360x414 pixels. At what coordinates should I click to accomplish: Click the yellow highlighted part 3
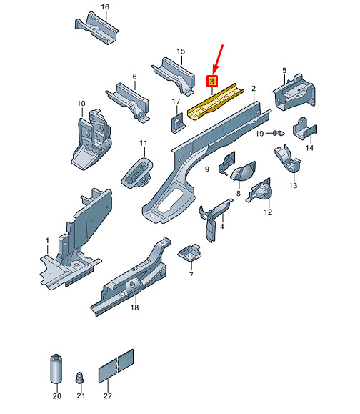click(x=215, y=102)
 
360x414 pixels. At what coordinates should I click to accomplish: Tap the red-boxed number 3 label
click(x=212, y=82)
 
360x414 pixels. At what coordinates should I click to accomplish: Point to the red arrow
click(x=218, y=59)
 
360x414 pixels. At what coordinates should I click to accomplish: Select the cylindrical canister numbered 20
click(x=56, y=368)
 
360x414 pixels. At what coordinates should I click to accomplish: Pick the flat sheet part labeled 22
click(x=116, y=366)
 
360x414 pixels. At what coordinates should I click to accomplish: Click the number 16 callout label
click(x=105, y=7)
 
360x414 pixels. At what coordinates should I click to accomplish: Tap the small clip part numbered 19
click(x=279, y=133)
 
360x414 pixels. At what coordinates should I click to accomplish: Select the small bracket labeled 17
click(x=178, y=123)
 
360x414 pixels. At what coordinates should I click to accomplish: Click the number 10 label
click(x=81, y=103)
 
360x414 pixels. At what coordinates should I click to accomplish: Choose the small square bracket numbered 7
click(x=190, y=252)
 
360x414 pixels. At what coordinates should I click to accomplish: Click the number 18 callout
click(x=134, y=307)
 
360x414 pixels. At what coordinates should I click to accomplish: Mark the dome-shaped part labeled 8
click(x=243, y=172)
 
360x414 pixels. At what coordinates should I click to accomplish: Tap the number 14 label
click(x=309, y=147)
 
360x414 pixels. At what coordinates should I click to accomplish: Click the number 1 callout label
click(x=47, y=240)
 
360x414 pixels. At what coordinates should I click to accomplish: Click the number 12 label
click(x=268, y=212)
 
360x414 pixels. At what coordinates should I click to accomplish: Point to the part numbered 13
click(x=288, y=159)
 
